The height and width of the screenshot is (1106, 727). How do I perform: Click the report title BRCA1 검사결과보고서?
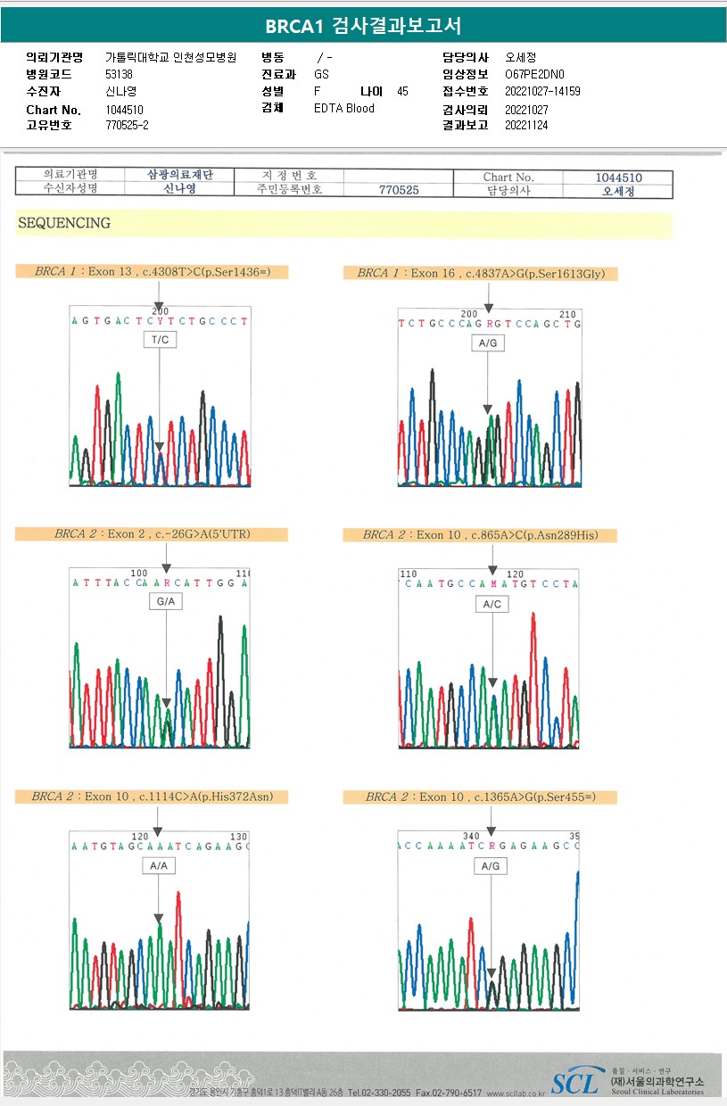click(x=363, y=26)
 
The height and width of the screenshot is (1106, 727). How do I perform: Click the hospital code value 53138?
click(x=119, y=74)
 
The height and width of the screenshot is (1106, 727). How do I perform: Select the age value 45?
click(x=402, y=91)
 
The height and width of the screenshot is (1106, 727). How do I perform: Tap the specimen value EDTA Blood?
click(x=344, y=108)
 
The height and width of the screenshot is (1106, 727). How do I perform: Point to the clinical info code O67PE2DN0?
click(x=534, y=74)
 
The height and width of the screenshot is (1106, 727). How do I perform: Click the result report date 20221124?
click(x=526, y=125)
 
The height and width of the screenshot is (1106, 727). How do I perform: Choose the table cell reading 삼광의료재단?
click(x=179, y=176)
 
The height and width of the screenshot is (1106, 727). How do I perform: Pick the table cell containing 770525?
click(x=399, y=190)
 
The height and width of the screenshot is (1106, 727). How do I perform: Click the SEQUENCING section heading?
click(x=64, y=223)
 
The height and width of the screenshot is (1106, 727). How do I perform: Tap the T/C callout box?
click(x=159, y=340)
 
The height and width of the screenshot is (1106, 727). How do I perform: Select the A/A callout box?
click(x=159, y=865)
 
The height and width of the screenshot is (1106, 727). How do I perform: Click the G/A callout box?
click(x=166, y=602)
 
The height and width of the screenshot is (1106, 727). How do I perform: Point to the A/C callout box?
click(x=492, y=604)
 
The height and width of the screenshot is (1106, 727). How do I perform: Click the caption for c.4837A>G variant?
click(x=481, y=274)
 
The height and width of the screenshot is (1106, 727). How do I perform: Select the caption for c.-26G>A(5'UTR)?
click(x=152, y=534)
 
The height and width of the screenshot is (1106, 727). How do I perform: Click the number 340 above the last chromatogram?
click(x=471, y=836)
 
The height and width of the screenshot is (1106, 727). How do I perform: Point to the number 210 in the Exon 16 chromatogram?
click(x=567, y=314)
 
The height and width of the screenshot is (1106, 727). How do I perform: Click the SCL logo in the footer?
click(x=574, y=1083)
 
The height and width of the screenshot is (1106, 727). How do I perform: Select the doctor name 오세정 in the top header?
click(x=520, y=57)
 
